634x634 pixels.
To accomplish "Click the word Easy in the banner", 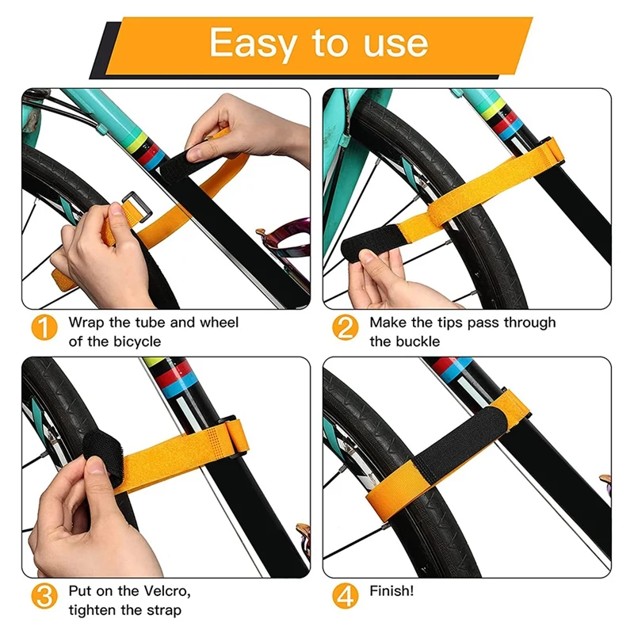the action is (254, 44).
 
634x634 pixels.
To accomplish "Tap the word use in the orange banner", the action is (395, 44).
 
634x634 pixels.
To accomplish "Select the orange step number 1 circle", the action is (44, 327).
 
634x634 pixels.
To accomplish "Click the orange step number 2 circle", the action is (346, 327).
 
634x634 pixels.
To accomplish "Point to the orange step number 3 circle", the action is (44, 596).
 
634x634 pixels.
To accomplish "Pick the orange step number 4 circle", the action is (346, 596).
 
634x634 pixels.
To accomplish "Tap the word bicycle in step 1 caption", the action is (137, 342).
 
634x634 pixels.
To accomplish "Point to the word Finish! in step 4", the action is (391, 590).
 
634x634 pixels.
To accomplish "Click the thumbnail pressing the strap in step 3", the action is (97, 465).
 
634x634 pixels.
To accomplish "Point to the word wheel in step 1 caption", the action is (220, 323).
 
